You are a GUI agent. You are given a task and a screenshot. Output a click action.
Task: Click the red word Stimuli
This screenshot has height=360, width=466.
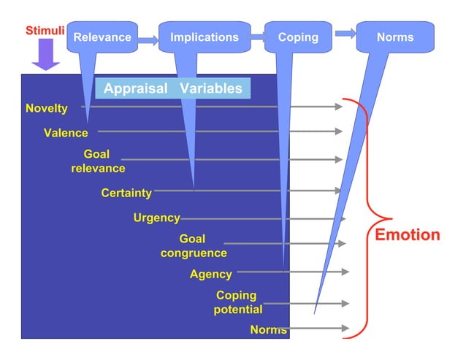coord(45,31)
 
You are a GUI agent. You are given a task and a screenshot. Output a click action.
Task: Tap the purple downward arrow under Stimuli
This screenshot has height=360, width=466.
coord(46,55)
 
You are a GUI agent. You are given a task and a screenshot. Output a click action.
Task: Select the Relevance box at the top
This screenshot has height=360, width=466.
coord(102,37)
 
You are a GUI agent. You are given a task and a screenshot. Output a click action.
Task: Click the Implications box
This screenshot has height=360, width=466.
coord(204,37)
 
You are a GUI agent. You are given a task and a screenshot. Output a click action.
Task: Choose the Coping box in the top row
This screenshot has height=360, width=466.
coord(298,37)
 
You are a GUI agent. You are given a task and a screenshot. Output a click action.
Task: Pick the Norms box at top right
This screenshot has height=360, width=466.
coord(395,37)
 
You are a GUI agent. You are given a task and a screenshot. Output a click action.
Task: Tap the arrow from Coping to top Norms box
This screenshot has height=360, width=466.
coord(345,34)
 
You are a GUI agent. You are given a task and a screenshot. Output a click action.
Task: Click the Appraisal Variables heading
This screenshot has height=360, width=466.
coord(172,89)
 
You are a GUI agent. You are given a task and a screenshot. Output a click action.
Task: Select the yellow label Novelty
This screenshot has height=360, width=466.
coord(47,109)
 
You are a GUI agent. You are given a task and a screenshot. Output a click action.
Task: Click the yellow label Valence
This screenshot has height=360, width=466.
coord(66,133)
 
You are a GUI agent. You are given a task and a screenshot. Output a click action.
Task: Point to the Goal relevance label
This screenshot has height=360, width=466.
coord(98,161)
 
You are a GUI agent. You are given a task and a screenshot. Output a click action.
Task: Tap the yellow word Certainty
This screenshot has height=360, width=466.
coord(126,194)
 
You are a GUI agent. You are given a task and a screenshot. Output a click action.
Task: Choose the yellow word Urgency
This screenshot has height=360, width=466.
coord(156,218)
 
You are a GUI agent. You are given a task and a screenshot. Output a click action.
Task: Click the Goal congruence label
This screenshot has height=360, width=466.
coord(194,246)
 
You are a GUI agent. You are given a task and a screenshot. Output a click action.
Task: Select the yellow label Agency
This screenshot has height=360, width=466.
coord(211,275)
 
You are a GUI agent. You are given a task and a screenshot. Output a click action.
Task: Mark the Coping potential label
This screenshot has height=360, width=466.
coord(237,302)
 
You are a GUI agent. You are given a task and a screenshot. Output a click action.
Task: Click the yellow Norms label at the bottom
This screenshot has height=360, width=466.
coord(268,330)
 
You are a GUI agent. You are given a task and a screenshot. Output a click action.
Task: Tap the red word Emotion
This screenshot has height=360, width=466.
coord(408,235)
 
